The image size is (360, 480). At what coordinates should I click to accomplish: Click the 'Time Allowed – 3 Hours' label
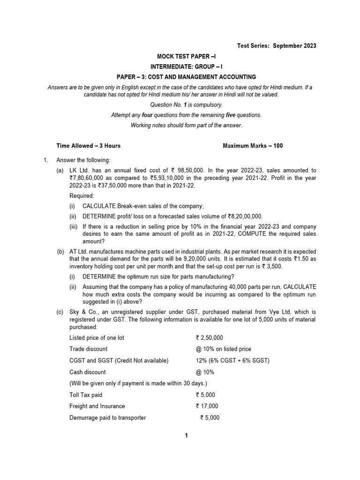coord(88,146)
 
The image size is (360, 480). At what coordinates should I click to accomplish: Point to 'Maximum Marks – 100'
coord(253,146)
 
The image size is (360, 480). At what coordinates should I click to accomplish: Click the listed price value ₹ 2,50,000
coord(210,337)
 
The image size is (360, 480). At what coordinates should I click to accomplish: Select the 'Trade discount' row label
coord(88,349)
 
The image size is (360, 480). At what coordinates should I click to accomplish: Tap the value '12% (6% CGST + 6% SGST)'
coord(233,360)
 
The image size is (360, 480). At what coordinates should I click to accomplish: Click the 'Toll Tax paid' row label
coord(86,395)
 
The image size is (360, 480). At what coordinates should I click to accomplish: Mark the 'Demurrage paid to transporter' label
coord(107,418)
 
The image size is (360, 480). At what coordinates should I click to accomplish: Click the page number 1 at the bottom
coord(186,435)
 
